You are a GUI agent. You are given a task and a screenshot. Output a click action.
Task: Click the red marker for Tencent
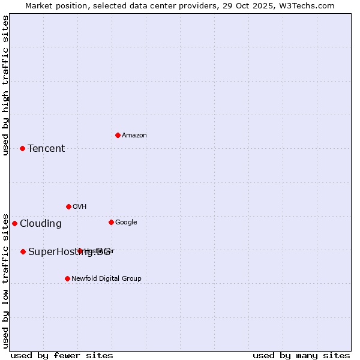pos(22,148)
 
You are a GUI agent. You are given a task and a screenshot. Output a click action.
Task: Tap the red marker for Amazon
pos(118,135)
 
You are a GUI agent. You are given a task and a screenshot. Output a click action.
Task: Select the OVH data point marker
pos(68,206)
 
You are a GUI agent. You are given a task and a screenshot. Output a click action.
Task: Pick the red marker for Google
pos(111,222)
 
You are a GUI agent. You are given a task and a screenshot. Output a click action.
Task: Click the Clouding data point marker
pos(14,223)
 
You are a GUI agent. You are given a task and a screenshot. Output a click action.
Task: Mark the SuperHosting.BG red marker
pos(23,251)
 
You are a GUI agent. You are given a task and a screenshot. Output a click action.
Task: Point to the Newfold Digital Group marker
pos(67,278)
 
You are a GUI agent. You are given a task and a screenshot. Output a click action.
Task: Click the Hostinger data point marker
pos(80,251)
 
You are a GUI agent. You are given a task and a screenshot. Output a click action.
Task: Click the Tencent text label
pos(46,149)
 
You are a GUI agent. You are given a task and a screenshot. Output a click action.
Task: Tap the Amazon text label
pos(134,136)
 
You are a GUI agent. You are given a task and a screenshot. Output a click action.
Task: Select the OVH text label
pos(80,207)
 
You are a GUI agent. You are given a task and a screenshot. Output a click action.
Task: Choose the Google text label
pos(126,223)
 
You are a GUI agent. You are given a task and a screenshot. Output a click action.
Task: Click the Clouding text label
pos(41,224)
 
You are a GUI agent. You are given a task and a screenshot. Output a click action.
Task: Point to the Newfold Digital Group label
pos(106,279)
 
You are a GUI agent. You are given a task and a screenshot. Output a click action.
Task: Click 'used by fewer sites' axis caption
pos(62,355)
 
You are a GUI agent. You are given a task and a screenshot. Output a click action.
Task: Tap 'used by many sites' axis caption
pos(301,355)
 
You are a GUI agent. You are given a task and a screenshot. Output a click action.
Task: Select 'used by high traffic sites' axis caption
pos(5,85)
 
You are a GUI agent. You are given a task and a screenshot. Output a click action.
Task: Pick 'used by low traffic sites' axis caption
pos(5,280)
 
